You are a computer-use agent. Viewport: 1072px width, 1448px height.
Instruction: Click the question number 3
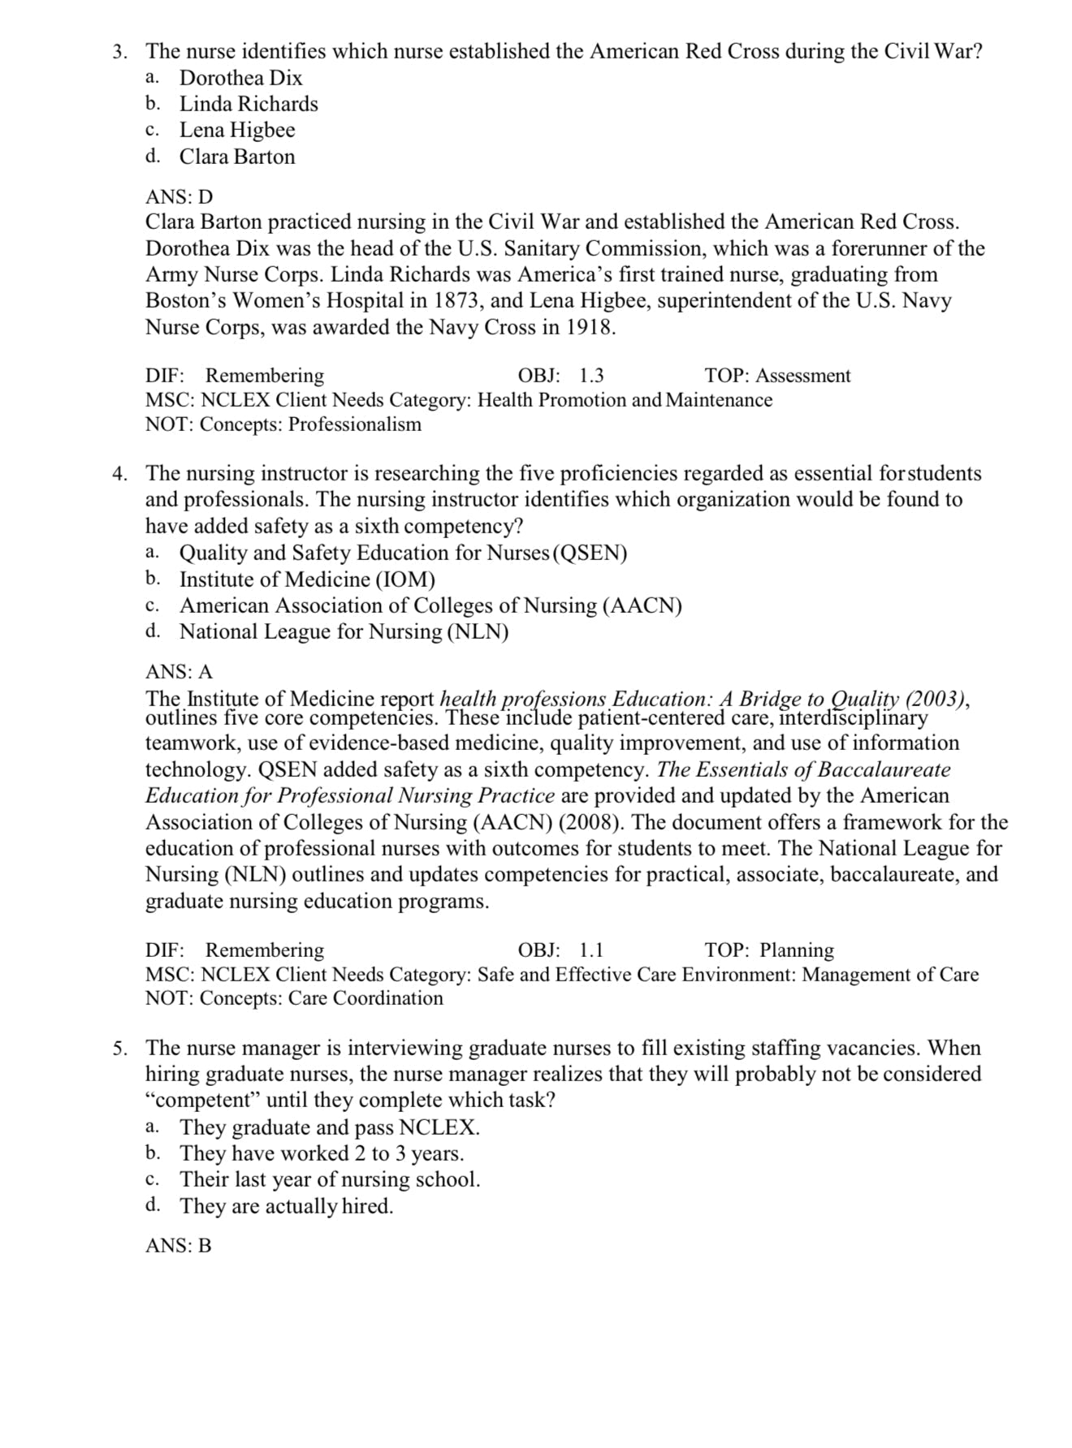pos(119,52)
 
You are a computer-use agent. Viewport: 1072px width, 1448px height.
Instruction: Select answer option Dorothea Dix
pos(240,78)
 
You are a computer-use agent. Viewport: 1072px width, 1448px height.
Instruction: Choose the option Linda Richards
pos(249,104)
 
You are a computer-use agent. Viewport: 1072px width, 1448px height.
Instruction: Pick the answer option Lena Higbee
pos(237,130)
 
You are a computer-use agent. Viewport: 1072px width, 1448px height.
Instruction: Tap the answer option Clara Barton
pos(237,157)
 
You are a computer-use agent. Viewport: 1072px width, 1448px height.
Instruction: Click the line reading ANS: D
pos(179,197)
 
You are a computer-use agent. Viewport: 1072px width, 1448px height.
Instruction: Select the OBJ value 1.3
pos(591,376)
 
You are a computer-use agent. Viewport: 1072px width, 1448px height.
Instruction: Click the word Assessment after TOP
pos(802,376)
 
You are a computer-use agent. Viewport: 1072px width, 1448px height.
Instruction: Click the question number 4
pos(119,473)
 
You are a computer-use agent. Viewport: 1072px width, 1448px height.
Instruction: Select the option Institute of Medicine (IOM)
pos(307,580)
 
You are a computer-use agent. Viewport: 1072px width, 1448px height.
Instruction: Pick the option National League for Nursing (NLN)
pos(344,631)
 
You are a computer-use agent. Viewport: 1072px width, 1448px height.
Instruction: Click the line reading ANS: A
pos(179,672)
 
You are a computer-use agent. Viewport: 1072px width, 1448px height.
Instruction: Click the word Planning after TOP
pos(796,950)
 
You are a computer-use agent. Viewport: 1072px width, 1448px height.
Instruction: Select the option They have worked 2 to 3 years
pos(322,1153)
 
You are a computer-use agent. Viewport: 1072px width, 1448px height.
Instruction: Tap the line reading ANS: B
pos(179,1246)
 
